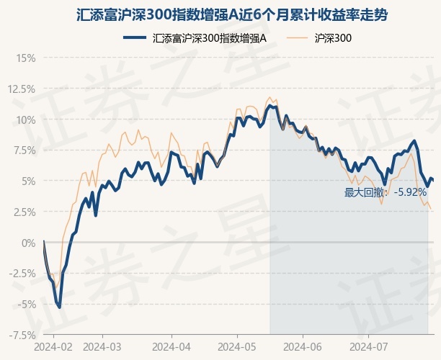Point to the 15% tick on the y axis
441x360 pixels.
(24, 58)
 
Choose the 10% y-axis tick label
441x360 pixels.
(24, 120)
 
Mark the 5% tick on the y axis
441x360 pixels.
(27, 181)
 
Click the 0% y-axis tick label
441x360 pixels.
(27, 243)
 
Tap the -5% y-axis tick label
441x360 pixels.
(25, 304)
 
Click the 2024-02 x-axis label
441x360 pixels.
(53, 346)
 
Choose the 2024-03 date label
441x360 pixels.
(102, 346)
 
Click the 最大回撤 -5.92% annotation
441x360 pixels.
(386, 192)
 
